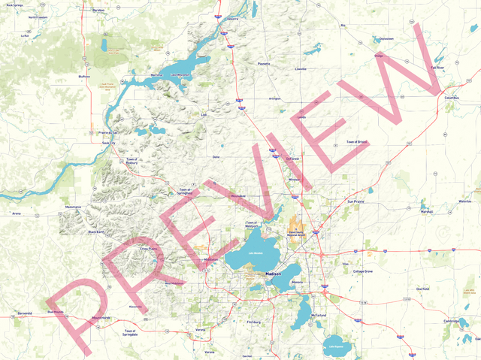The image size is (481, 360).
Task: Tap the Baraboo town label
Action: click(98, 11)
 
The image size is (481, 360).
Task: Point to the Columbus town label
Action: click(451, 98)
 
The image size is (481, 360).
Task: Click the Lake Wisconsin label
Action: click(181, 75)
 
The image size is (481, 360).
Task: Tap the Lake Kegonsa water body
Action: click(337, 346)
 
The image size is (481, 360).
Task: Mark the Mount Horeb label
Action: click(101, 318)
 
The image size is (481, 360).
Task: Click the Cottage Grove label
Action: click(363, 271)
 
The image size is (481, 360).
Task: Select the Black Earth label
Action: click(97, 232)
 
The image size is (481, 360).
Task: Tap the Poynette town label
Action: click(264, 65)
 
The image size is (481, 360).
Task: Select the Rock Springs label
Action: click(16, 5)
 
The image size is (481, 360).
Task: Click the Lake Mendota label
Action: click(254, 253)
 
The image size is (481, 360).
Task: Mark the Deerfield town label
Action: click(422, 289)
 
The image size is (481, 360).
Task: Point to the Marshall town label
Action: click(427, 212)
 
